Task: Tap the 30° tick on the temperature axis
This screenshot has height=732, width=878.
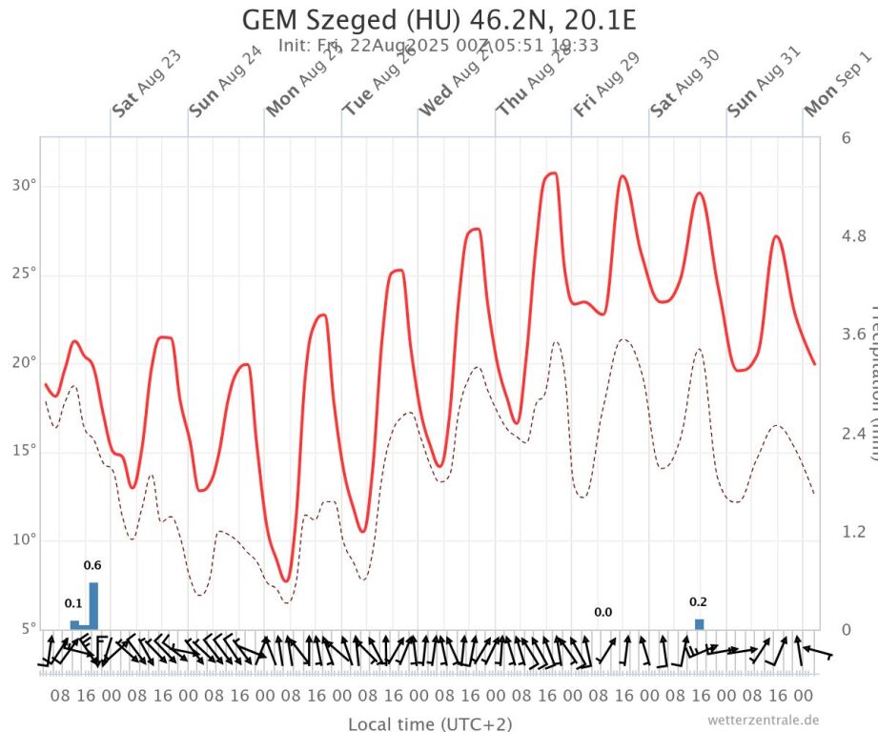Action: click(x=24, y=185)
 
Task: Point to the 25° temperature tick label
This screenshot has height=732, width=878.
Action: click(x=24, y=274)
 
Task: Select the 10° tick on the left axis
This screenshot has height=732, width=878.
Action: click(x=24, y=539)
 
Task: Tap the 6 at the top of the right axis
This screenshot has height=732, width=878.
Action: click(x=846, y=137)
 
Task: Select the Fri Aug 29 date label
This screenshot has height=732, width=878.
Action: click(x=606, y=85)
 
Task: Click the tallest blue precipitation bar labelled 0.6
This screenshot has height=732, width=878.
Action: click(x=93, y=605)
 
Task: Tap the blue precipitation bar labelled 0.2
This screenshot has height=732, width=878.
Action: click(x=699, y=623)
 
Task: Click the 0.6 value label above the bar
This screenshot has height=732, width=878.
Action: click(x=92, y=566)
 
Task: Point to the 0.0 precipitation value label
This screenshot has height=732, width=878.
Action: click(x=602, y=613)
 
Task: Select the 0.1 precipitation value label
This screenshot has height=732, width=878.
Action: click(x=73, y=603)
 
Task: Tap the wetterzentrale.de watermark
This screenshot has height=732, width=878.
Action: click(x=764, y=720)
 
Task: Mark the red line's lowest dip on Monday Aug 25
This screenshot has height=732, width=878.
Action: click(x=285, y=580)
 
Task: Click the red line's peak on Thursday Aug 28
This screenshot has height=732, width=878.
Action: click(x=551, y=173)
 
